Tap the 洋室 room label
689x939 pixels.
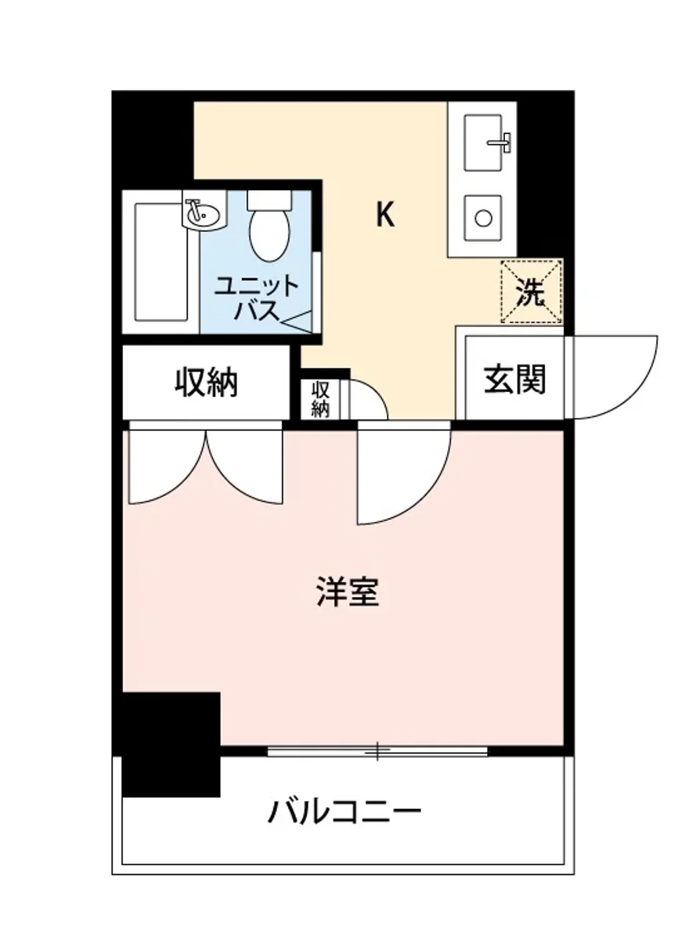click(348, 592)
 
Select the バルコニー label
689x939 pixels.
click(344, 811)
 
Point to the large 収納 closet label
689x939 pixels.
click(206, 383)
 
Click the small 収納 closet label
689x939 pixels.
click(320, 398)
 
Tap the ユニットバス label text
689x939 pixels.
click(256, 297)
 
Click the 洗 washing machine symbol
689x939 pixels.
click(532, 292)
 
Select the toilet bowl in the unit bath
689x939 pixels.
click(269, 234)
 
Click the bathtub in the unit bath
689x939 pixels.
click(161, 261)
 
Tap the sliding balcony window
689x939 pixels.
click(377, 752)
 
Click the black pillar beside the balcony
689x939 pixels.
click(171, 743)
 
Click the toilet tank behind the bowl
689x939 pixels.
click(268, 200)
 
